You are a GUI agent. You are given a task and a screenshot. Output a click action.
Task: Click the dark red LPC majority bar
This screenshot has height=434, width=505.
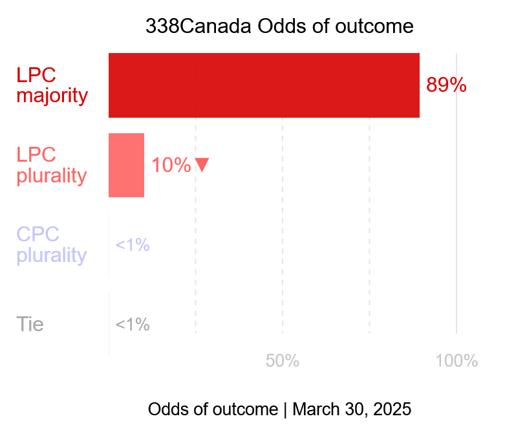[x=264, y=85]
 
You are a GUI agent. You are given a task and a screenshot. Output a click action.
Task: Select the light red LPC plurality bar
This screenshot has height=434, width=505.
[x=126, y=165]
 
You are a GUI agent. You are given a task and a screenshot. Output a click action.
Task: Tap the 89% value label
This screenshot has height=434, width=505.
[x=446, y=85]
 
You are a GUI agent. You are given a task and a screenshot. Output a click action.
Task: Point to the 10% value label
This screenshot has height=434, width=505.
[x=171, y=166]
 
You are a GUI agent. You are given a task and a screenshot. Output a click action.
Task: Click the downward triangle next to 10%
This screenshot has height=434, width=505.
[x=202, y=165]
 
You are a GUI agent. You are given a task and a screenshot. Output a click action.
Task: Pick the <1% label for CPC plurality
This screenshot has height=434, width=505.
[x=133, y=245]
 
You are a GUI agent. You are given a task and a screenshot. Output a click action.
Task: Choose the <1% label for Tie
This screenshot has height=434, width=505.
[x=133, y=325]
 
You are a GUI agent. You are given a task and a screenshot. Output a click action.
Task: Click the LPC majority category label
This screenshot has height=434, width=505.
[x=52, y=85]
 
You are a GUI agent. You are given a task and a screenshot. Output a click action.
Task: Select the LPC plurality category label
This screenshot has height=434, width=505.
[x=51, y=165]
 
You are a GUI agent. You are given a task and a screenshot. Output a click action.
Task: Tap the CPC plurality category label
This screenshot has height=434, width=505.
[x=51, y=244]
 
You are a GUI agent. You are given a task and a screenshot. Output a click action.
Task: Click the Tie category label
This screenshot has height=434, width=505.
[x=30, y=324]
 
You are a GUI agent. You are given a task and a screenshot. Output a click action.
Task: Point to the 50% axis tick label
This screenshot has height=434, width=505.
[x=283, y=361]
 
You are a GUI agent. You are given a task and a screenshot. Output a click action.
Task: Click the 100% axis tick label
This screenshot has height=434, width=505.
[x=457, y=361]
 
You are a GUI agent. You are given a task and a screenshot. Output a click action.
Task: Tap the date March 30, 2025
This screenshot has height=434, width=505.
[x=352, y=409]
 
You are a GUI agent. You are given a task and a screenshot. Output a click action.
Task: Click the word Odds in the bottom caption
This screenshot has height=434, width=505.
[x=166, y=409]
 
